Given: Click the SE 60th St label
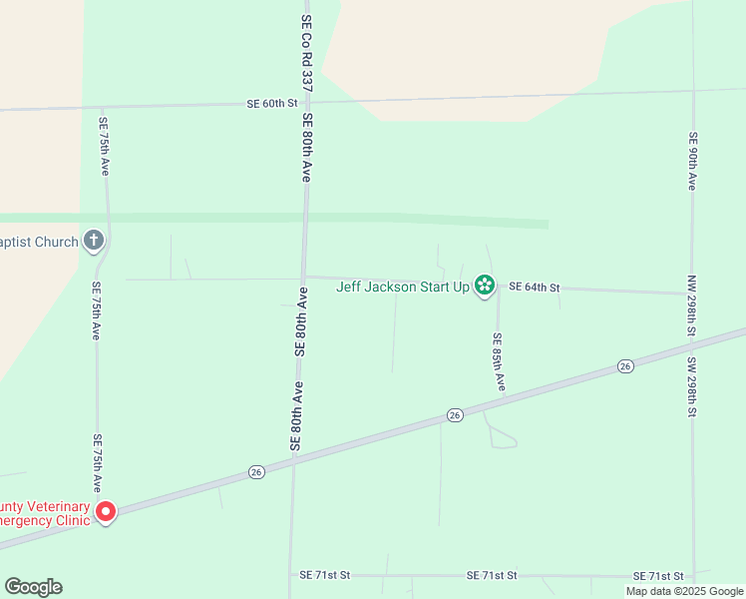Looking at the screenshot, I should coord(272,104).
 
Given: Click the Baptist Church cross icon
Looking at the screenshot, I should coord(94,240).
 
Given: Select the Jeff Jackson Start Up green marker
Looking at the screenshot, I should coord(485,287).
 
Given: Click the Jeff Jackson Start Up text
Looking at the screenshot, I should coord(402,287).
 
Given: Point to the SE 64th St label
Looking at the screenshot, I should coord(534,288).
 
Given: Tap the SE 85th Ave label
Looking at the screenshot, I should coord(499,361).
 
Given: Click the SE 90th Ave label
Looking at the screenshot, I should coord(691,160).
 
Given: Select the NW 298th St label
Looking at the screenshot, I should coord(691,304).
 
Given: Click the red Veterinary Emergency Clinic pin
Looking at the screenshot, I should coord(105,512).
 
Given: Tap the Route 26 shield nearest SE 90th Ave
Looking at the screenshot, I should coord(624,365).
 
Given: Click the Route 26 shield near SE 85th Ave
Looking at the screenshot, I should coord(455,415).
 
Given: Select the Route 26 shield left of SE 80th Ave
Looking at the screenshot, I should coord(255,471).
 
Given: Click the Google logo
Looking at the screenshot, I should coord(33,587).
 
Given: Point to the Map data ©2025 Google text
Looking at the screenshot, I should coord(684,591).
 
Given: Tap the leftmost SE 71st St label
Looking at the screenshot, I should coord(325,576).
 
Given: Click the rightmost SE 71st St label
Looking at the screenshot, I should coord(658,577).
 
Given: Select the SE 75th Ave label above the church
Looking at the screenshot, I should coord(103,147).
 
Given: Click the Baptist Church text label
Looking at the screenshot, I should coord(39,242).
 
